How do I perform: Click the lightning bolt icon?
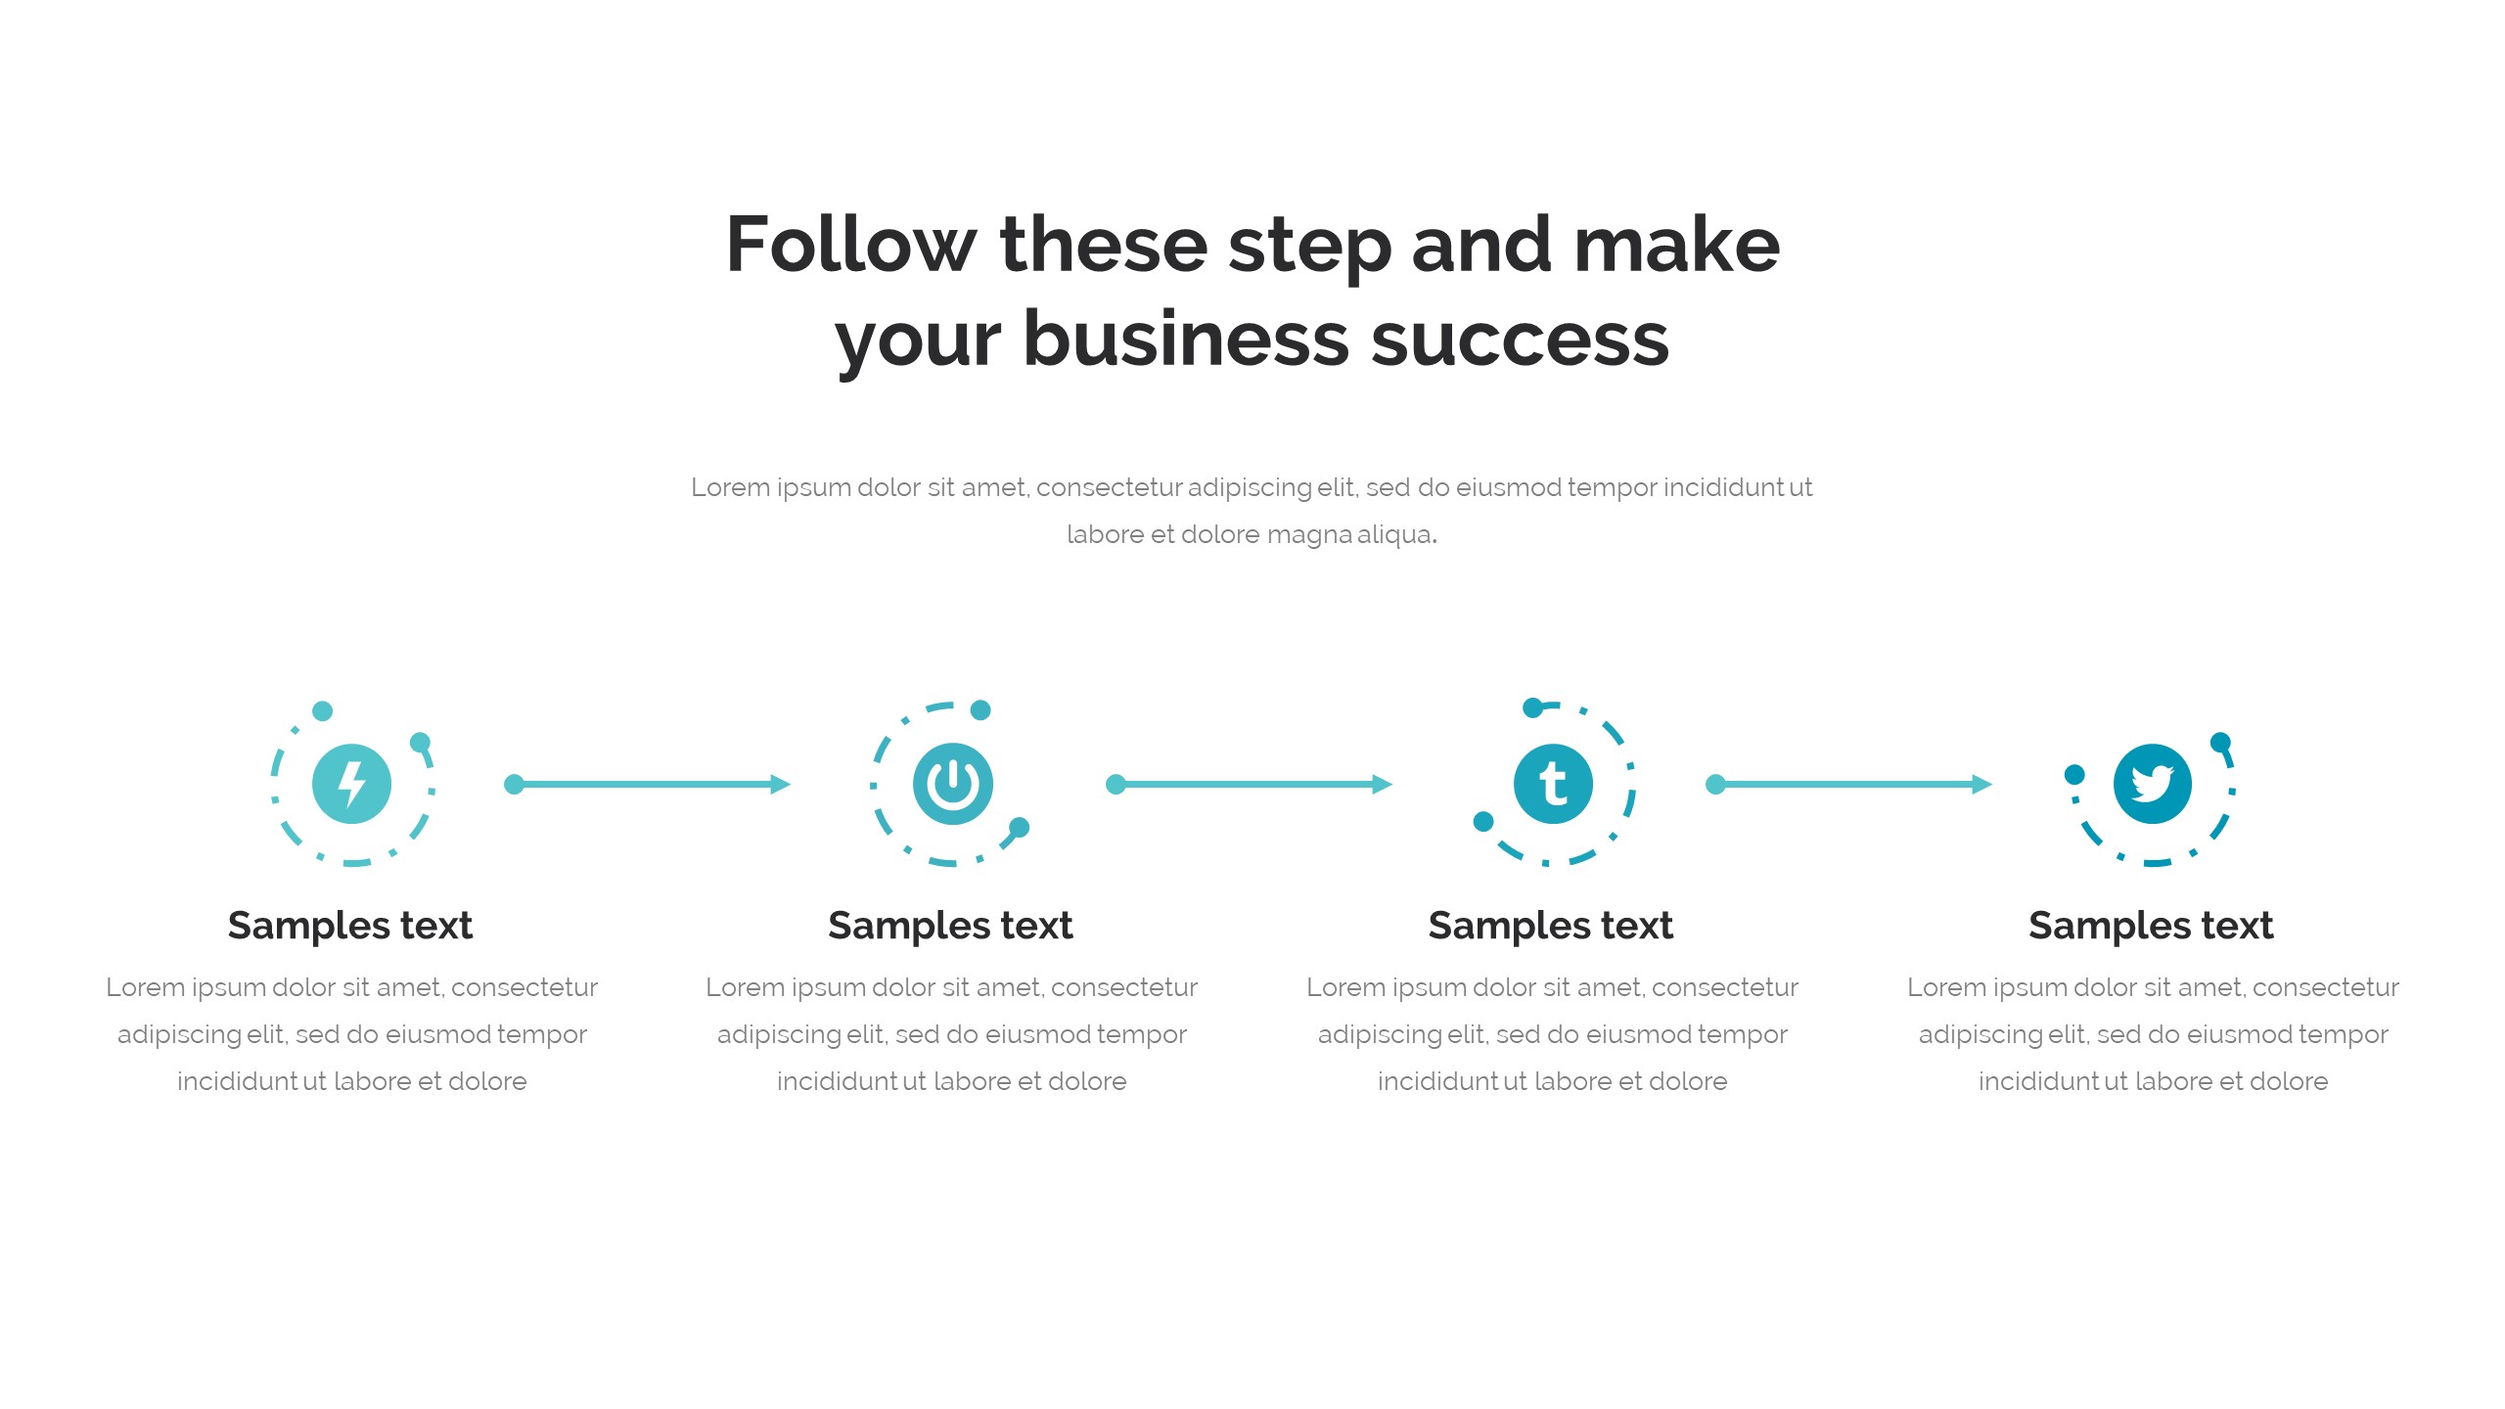[x=351, y=784]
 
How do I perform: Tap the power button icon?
[x=952, y=784]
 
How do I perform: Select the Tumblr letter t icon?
[x=1553, y=784]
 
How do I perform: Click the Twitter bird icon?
[x=2153, y=784]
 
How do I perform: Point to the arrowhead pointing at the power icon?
[x=781, y=784]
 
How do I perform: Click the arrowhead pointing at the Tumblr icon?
[x=1383, y=784]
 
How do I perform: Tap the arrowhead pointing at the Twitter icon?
[x=1982, y=784]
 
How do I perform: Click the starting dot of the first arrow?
[x=514, y=784]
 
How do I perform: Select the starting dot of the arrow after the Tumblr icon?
[x=1715, y=784]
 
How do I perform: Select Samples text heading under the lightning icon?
[x=350, y=926]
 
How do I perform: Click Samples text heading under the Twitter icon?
[x=2151, y=926]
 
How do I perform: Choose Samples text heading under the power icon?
[x=950, y=926]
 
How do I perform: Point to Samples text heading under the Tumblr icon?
[x=1551, y=926]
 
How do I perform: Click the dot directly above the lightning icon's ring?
[x=322, y=710]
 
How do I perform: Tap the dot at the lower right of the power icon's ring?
[x=1019, y=828]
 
